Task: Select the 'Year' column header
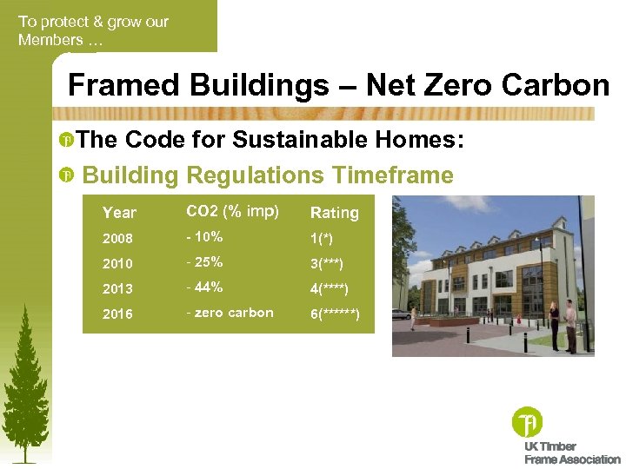[119, 213]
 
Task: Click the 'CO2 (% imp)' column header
[233, 211]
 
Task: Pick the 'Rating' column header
[335, 213]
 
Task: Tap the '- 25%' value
[205, 262]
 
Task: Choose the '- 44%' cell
[205, 287]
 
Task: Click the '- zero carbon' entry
[230, 313]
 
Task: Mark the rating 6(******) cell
[336, 314]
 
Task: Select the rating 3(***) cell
[327, 264]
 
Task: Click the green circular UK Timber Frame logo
[527, 423]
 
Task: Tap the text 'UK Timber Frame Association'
[570, 452]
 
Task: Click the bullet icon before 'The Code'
[66, 141]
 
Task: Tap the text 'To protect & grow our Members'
[93, 30]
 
